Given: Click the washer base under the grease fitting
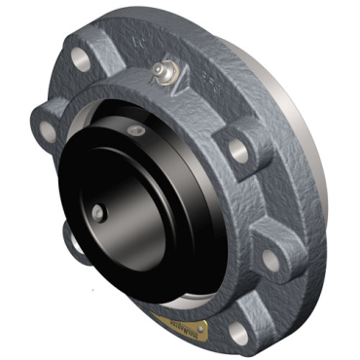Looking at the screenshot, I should coord(161,80).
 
